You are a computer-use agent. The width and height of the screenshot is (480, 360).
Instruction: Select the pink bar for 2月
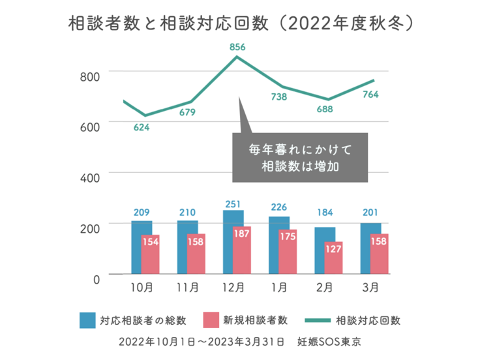334,258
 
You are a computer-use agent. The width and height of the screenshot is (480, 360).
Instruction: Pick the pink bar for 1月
288,252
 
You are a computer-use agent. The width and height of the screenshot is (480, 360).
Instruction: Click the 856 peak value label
237,47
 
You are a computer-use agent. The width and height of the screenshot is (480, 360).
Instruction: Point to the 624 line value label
142,127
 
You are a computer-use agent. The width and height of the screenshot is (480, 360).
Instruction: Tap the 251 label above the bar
233,204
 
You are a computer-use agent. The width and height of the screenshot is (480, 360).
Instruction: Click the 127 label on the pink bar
334,250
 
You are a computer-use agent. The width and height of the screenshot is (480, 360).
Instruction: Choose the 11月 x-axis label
188,287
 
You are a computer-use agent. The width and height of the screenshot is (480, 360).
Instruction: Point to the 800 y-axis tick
90,76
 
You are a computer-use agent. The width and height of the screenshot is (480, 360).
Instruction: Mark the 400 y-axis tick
90,177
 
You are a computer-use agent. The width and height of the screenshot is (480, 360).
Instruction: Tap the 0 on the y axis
96,278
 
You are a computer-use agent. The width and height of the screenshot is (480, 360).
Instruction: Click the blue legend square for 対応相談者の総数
88,320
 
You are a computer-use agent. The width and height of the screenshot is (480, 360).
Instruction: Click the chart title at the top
240,24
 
